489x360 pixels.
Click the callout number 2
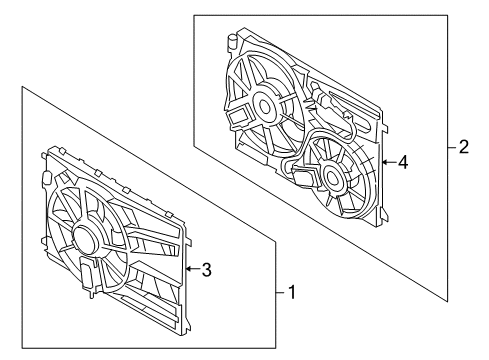click(463, 147)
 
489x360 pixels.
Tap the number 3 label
click(207, 268)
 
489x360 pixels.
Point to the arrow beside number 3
click(193, 268)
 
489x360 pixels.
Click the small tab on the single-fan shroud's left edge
click(45, 179)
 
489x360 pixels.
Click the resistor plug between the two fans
click(321, 99)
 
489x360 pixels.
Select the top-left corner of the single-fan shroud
click(47, 153)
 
